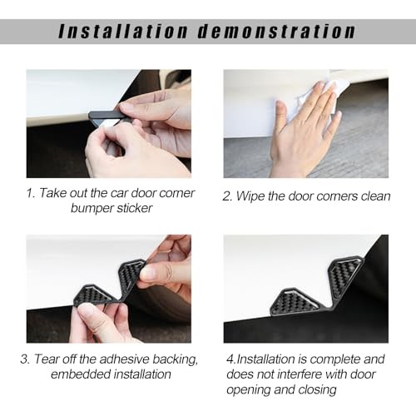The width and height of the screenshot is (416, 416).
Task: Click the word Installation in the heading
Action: pos(123,31)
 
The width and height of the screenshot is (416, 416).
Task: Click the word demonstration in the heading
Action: pos(276,31)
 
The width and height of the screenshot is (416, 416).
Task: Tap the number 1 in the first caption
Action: pos(30,193)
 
